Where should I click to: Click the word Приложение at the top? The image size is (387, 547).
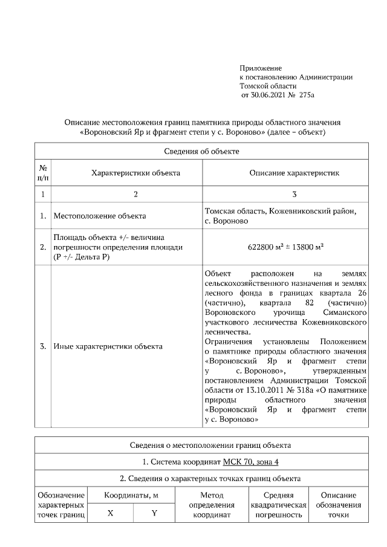point(261,68)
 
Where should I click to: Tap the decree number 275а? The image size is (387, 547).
point(308,95)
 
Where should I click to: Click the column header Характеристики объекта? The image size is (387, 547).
point(135,173)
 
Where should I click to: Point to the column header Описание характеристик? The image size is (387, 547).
point(294,173)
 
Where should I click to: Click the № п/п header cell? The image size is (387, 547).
point(43,173)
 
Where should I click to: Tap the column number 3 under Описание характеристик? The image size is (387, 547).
point(294,195)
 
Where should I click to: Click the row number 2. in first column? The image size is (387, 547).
point(43,247)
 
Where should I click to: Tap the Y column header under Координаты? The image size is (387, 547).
point(154,513)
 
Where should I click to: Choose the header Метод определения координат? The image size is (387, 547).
point(208,505)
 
